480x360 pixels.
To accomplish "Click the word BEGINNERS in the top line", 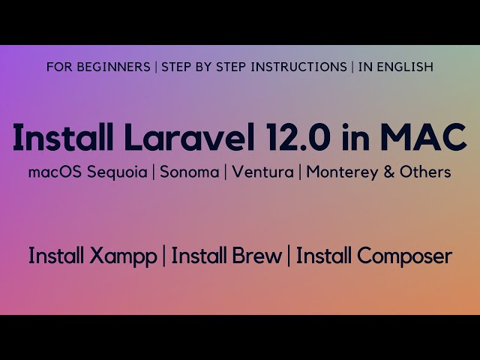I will click(116, 67).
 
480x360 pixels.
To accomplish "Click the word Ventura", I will click(262, 172).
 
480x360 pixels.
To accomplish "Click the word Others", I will click(424, 172).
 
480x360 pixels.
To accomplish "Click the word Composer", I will click(405, 256).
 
